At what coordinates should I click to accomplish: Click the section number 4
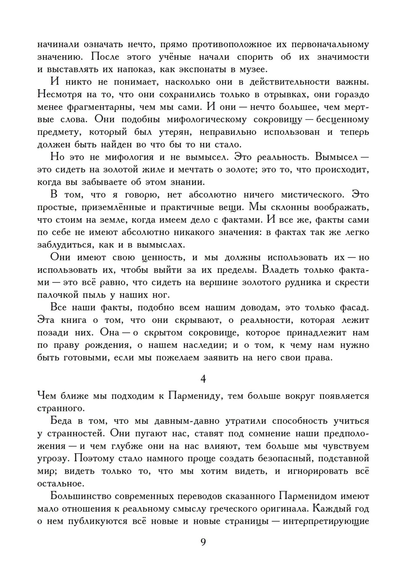tap(203, 379)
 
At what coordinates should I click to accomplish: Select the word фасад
tap(354, 307)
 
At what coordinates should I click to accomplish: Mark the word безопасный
tap(281, 459)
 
